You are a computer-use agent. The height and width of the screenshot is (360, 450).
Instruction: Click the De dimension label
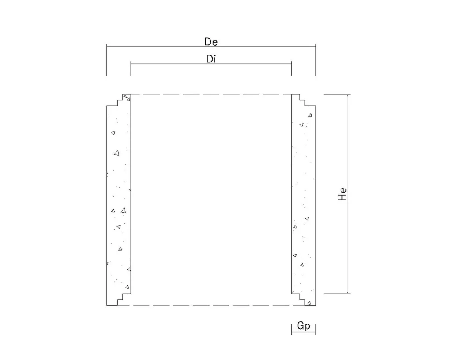pyautogui.click(x=211, y=42)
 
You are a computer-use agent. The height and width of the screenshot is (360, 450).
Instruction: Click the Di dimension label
pyautogui.click(x=211, y=59)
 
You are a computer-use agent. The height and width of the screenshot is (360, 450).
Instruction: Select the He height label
pyautogui.click(x=342, y=194)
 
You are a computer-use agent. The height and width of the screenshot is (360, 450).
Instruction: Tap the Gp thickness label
pyautogui.click(x=303, y=326)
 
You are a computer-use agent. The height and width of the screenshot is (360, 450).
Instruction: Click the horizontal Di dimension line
pyautogui.click(x=211, y=64)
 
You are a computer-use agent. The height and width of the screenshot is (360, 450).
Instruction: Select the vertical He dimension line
pyautogui.click(x=348, y=194)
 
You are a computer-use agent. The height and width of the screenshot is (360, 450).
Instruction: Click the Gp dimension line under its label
pyautogui.click(x=304, y=333)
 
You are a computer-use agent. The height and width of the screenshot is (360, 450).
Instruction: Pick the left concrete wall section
pyautogui.click(x=119, y=200)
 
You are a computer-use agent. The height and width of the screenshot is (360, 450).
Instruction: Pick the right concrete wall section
pyautogui.click(x=304, y=200)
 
